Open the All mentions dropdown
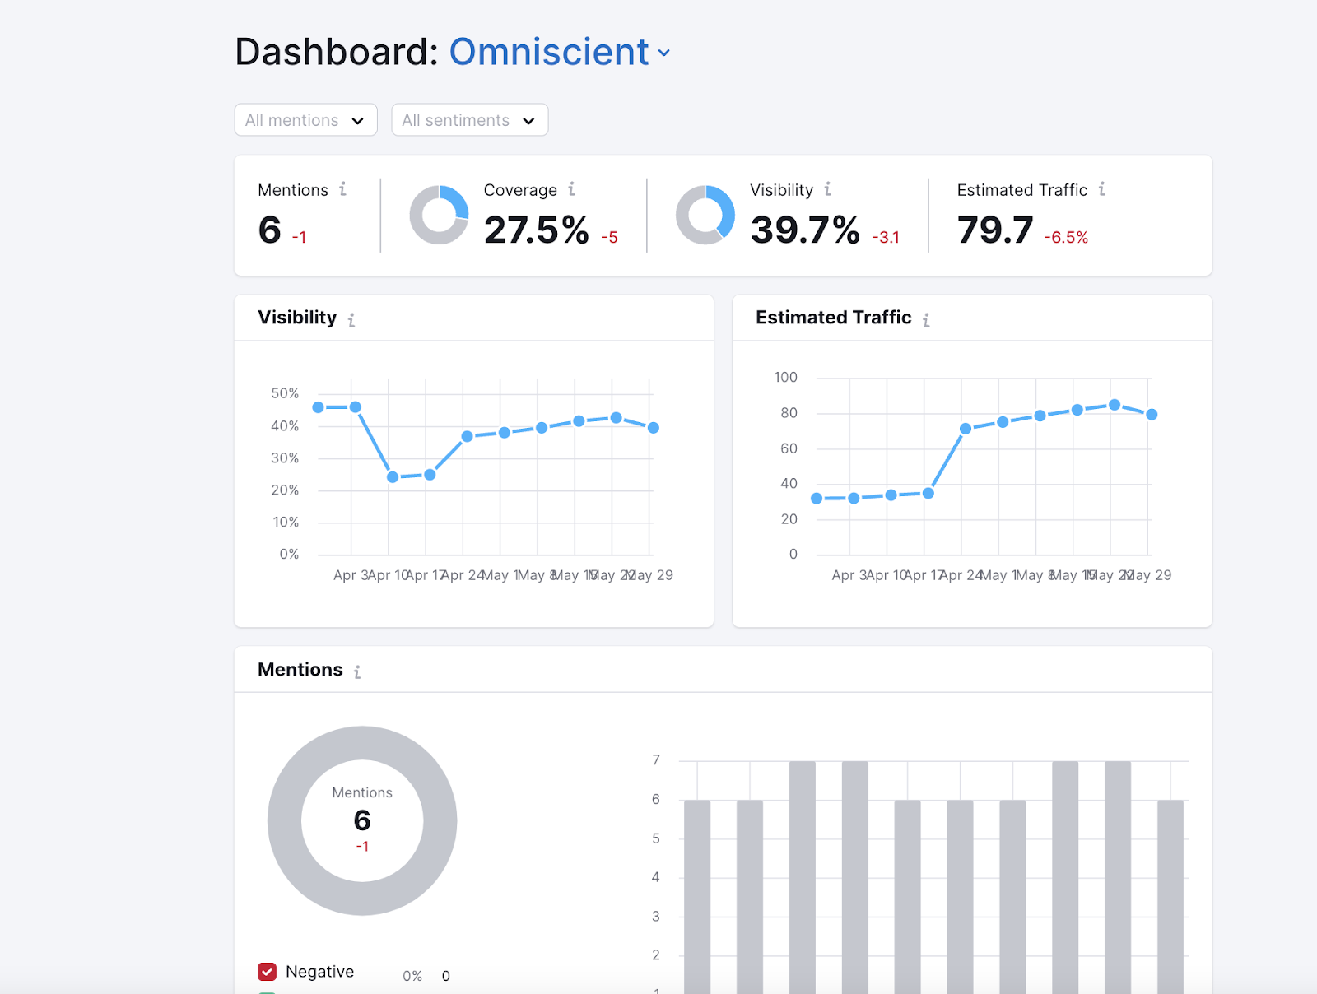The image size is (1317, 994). [x=305, y=120]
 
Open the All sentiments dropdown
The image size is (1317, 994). [x=469, y=120]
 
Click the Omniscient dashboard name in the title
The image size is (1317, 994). [x=549, y=52]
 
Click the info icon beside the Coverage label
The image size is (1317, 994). [x=571, y=189]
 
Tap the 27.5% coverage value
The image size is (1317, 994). [x=536, y=230]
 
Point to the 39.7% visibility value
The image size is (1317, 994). [x=804, y=230]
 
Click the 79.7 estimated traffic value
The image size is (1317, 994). [x=994, y=230]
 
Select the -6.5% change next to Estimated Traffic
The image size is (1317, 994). [x=1066, y=238]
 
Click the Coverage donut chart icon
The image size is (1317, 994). [x=439, y=215]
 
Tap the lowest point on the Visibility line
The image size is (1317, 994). [x=393, y=477]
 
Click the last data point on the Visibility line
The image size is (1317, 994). [x=654, y=428]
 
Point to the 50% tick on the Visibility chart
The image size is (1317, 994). [x=285, y=393]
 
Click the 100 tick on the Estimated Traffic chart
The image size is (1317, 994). [x=785, y=377]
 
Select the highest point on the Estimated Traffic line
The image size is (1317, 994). [x=1115, y=405]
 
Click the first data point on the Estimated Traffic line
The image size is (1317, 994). [x=817, y=499]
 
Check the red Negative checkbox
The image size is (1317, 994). [x=267, y=972]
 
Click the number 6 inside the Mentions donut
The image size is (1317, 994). [x=362, y=820]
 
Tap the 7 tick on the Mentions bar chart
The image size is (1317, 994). [x=656, y=759]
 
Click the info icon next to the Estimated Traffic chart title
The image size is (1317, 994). [x=926, y=319]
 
